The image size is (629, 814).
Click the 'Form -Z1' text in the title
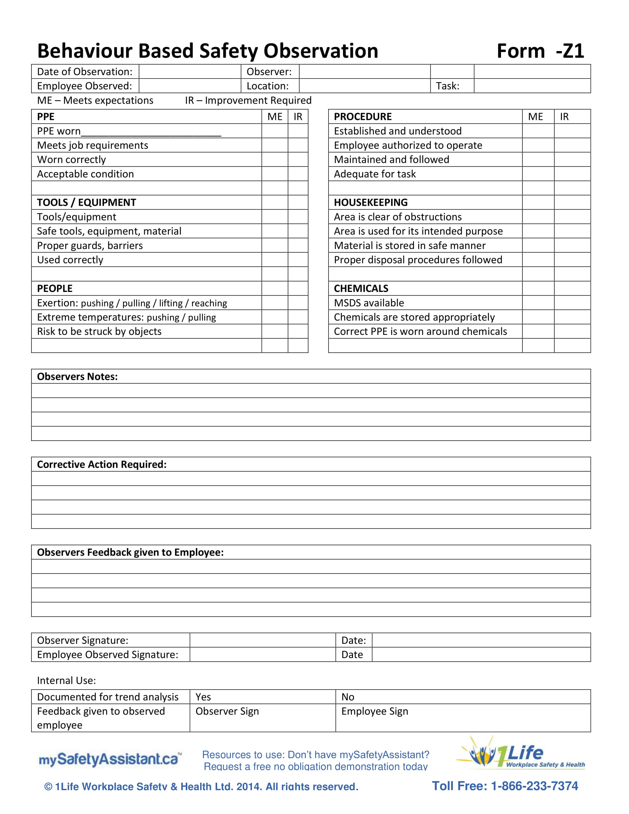click(540, 51)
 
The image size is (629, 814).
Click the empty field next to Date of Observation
click(190, 71)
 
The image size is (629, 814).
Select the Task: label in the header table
click(448, 86)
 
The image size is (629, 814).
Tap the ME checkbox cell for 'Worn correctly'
click(275, 159)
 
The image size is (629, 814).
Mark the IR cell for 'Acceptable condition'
click(298, 174)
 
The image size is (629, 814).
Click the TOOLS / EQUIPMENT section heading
click(87, 202)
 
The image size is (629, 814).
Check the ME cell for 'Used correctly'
click(275, 260)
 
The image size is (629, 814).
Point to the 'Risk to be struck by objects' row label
click(99, 332)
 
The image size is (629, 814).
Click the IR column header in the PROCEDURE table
click(564, 117)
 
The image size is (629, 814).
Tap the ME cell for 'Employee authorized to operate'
click(538, 145)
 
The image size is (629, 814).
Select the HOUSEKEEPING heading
click(371, 202)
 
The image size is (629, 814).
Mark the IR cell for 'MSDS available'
click(572, 303)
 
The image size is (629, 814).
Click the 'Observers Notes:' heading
click(77, 376)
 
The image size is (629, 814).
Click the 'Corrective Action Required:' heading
click(102, 464)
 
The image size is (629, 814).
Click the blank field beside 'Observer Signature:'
click(262, 640)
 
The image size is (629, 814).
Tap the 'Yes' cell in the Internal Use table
click(262, 697)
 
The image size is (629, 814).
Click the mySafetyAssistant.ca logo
click(110, 759)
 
